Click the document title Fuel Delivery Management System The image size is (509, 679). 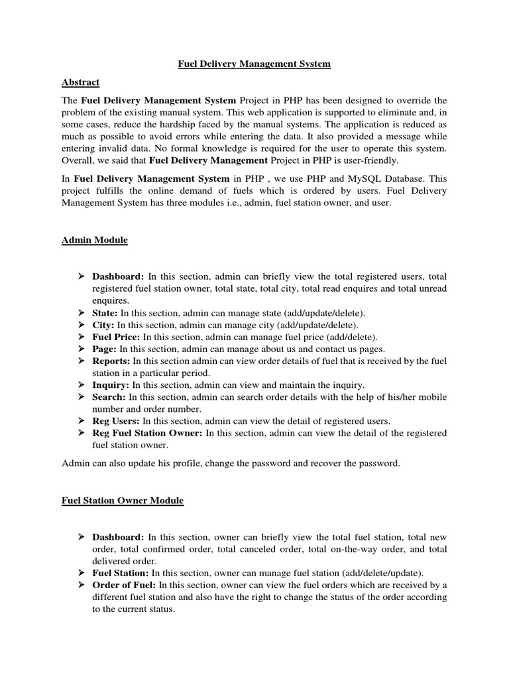click(x=254, y=64)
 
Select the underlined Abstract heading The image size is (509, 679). click(x=80, y=82)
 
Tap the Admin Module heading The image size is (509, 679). click(x=90, y=240)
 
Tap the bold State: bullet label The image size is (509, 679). click(x=105, y=313)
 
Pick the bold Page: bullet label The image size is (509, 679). click(x=105, y=349)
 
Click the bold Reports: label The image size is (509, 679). click(x=111, y=361)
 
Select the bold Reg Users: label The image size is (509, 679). click(x=115, y=420)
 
